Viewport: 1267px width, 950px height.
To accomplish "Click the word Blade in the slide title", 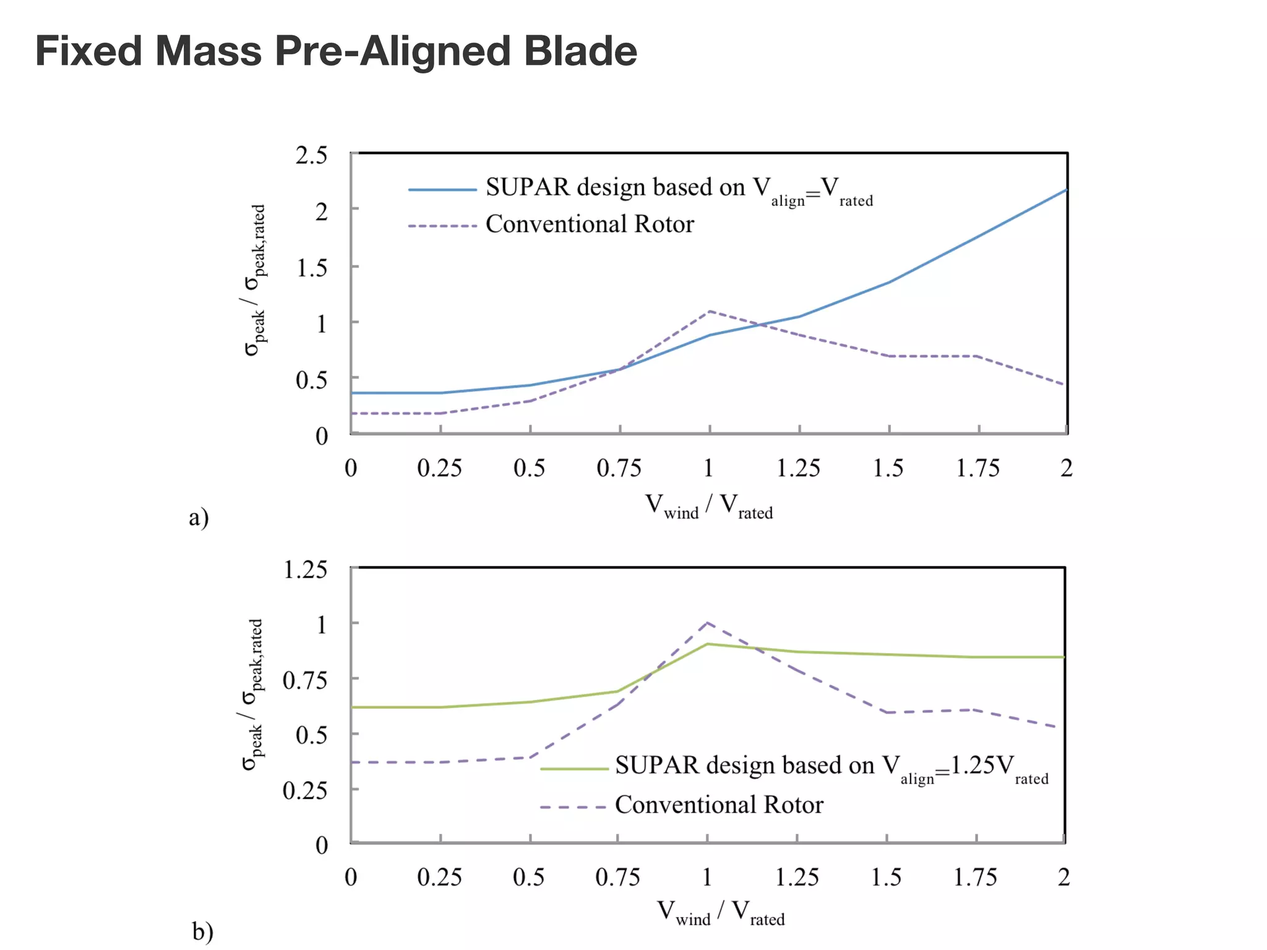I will click(x=580, y=51).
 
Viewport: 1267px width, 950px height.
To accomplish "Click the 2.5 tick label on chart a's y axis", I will click(x=311, y=155).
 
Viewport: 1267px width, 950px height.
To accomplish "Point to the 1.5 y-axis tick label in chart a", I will click(x=311, y=268).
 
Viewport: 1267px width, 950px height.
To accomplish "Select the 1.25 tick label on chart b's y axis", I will click(x=304, y=570).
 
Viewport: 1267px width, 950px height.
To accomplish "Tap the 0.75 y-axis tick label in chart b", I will click(x=304, y=680).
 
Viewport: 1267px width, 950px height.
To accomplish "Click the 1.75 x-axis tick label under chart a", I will click(x=977, y=468).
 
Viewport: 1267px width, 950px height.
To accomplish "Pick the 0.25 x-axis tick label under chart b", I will click(x=439, y=877).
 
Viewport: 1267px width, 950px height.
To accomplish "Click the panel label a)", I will click(x=199, y=517).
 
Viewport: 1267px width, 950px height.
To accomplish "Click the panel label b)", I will click(x=202, y=931).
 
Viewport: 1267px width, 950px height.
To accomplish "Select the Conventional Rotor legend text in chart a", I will click(x=589, y=224).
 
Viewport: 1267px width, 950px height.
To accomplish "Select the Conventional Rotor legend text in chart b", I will click(x=719, y=805).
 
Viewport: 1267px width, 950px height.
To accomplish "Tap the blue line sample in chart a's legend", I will click(x=442, y=190).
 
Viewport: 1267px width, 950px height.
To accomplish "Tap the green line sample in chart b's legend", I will click(x=574, y=769).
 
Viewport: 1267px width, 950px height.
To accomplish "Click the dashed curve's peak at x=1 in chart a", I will click(x=709, y=311).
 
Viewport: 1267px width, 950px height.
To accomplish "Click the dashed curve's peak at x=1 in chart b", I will click(x=707, y=622).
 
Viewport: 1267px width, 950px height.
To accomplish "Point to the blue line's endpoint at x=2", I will click(x=1066, y=190).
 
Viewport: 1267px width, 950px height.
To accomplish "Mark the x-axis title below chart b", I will click(x=720, y=913).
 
